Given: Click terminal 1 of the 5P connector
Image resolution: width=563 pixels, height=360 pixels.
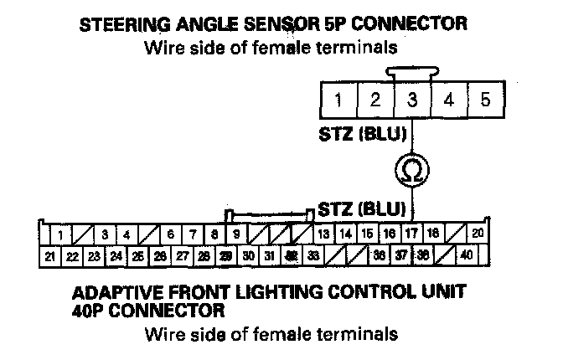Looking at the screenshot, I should click(x=338, y=101).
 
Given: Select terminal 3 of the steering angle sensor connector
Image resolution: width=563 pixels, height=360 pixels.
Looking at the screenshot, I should click(x=412, y=101).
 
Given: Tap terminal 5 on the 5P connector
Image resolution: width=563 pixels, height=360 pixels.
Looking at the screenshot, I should click(x=485, y=101).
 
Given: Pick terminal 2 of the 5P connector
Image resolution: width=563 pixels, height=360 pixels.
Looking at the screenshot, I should click(x=375, y=101).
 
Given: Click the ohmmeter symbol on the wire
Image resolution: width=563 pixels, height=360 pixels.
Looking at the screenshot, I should click(x=412, y=170).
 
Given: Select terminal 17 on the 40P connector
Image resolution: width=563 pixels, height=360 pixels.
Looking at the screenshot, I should click(x=411, y=234).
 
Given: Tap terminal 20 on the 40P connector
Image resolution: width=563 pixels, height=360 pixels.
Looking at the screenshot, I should click(x=478, y=234).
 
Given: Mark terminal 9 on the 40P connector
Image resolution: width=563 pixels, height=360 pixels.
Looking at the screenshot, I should click(x=237, y=234).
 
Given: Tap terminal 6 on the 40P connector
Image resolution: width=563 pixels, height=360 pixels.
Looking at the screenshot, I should click(x=170, y=234).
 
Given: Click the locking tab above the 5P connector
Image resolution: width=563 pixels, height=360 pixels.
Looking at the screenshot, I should click(x=411, y=74).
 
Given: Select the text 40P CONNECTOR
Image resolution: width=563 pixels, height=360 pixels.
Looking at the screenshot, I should click(x=148, y=311).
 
